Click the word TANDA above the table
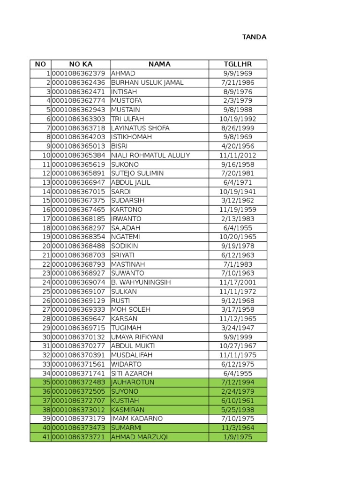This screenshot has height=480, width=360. click(254, 37)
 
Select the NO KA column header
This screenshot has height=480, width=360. click(81, 64)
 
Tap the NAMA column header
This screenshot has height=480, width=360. click(159, 64)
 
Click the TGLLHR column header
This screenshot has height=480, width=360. click(238, 64)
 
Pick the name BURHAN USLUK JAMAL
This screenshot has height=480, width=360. click(147, 82)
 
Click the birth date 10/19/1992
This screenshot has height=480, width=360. click(238, 119)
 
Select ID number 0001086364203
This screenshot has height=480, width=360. click(79, 137)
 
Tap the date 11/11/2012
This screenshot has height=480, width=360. click(238, 155)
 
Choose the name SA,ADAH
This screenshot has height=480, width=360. click(126, 228)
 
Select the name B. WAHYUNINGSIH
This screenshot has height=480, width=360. click(141, 282)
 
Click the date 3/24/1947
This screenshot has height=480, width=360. click(238, 328)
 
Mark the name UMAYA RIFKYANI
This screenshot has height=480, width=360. click(137, 337)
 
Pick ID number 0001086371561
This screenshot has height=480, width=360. click(79, 364)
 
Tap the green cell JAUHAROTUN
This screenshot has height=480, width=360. click(133, 382)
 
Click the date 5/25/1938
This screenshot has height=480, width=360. click(238, 410)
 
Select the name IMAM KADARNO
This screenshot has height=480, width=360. click(137, 419)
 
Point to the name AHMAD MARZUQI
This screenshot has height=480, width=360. click(139, 437)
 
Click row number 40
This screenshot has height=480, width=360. click(46, 428)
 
